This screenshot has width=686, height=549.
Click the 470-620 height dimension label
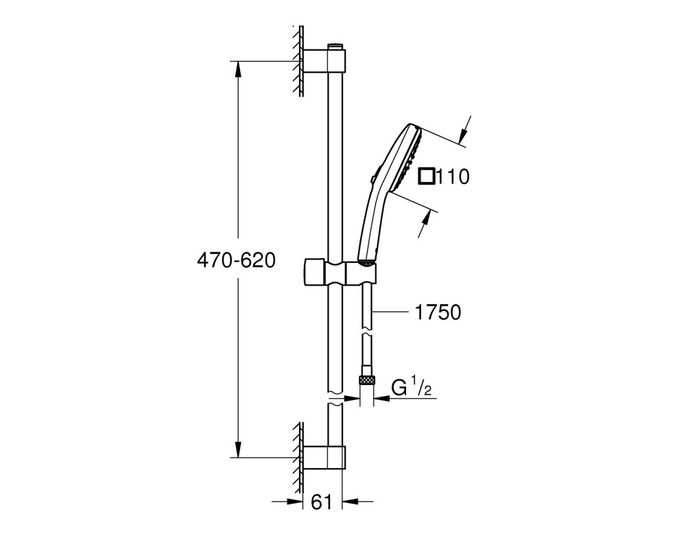coord(236,261)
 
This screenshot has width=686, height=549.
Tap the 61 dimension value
coord(322,502)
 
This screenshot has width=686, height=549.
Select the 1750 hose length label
coord(438,313)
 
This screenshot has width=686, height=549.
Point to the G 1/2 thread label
coord(411,389)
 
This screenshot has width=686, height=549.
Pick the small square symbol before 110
coord(427,176)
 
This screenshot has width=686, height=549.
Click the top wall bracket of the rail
coord(324,60)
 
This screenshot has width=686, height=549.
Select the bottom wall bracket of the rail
coord(324,458)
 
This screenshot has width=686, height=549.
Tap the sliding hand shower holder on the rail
coord(339,272)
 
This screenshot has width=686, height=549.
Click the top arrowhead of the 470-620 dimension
coord(238,69)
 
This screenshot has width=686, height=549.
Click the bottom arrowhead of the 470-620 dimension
coord(238,449)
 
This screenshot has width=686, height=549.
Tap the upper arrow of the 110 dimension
coord(466,130)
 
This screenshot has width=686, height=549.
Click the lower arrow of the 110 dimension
coord(425,223)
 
